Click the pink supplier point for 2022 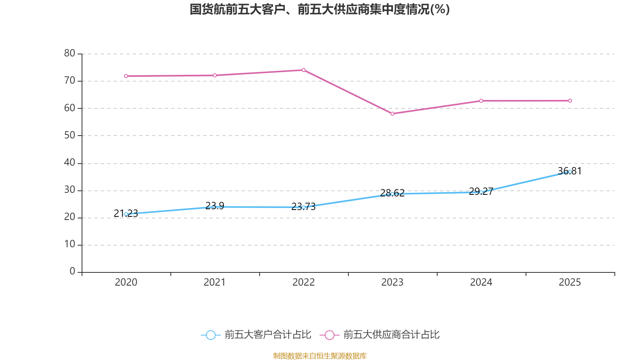(x=304, y=70)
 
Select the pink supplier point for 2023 (x=392, y=114)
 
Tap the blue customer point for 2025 (x=570, y=172)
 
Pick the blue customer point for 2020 (x=126, y=214)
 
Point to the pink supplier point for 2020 (x=126, y=76)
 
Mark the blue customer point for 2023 (x=392, y=194)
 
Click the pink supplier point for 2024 (x=481, y=101)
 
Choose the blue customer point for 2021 (x=215, y=207)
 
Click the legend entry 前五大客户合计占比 (x=256, y=335)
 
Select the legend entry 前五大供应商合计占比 (x=380, y=335)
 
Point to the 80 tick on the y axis (x=70, y=53)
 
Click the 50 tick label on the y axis (x=70, y=135)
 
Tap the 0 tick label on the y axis (x=72, y=272)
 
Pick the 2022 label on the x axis (x=304, y=282)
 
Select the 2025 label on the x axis (x=570, y=282)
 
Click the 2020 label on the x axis (x=126, y=282)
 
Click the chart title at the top (x=320, y=9)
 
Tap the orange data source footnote (x=320, y=356)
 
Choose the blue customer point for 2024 (x=481, y=192)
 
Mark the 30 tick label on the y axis (x=70, y=190)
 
